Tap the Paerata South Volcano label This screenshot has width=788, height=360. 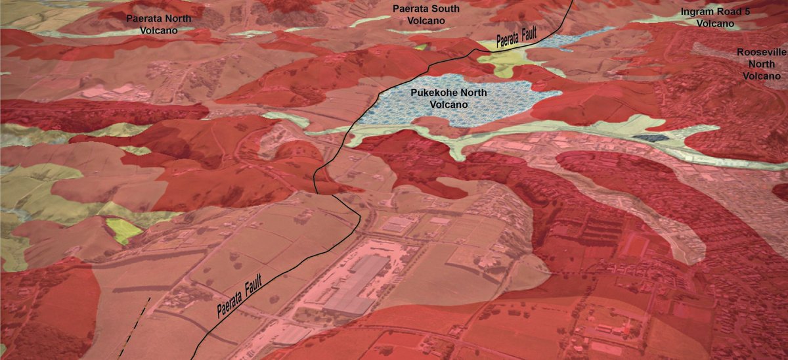coord(426,14)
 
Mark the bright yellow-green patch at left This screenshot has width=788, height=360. coord(124,230)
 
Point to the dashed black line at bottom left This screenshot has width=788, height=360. coord(135,328)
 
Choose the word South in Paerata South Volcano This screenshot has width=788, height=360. coord(447,9)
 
